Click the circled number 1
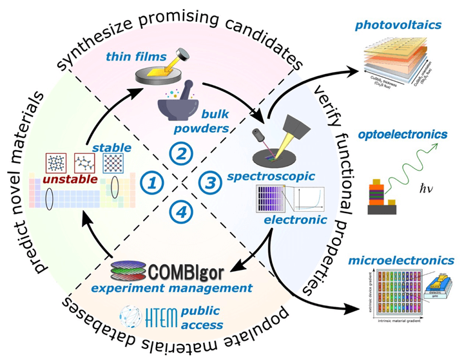tap(152, 183)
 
